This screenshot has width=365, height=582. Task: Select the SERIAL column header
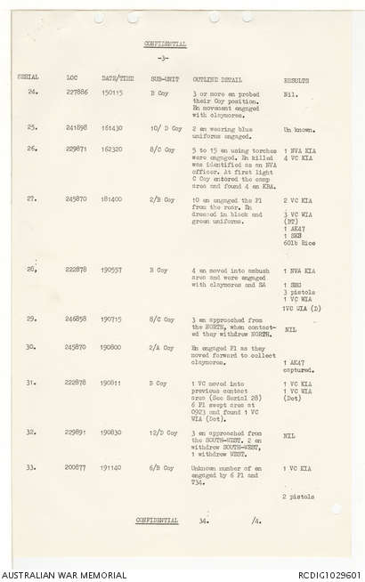(x=28, y=79)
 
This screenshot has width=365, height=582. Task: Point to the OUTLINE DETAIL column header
(x=217, y=79)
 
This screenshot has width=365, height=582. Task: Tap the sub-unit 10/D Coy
(x=166, y=129)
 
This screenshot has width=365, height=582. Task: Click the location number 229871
(x=77, y=149)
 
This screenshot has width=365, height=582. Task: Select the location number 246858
(x=77, y=318)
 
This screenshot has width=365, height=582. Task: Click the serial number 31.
(x=32, y=383)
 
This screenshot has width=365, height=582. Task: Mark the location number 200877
(x=77, y=467)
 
